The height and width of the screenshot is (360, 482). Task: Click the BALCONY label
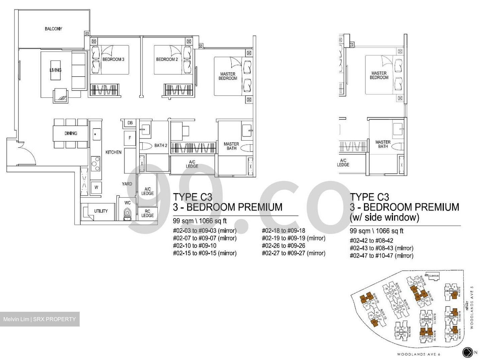pos(53,29)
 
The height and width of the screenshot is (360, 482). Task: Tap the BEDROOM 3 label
pos(113,59)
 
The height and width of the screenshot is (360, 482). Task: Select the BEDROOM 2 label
pos(167,59)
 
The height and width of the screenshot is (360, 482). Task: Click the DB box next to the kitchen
pos(130,123)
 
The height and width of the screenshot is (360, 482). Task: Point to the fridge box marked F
pos(130,138)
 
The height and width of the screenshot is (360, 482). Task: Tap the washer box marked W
pos(96,187)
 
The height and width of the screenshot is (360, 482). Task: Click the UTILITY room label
pos(101,211)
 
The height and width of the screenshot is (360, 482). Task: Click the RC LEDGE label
pos(147,213)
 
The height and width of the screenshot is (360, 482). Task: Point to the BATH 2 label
pos(161,145)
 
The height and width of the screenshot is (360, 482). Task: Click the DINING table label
pos(71,133)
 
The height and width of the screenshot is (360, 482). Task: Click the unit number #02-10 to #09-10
pos(194,245)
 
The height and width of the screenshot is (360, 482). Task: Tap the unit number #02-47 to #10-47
pos(381,256)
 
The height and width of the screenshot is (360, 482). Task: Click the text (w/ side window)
pos(384,217)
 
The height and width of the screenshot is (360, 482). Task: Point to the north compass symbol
pos(467,352)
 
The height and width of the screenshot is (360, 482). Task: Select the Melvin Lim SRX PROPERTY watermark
pos(40,319)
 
